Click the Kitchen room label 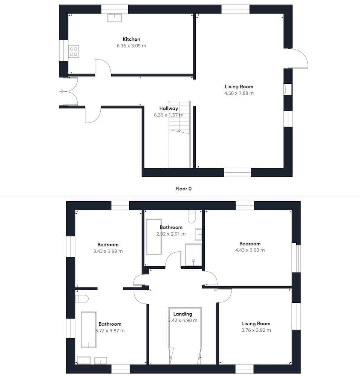pos(131,39)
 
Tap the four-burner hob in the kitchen pos(74,52)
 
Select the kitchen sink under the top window pos(115,18)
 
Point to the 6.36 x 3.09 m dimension pos(131,46)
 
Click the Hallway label pos(169,109)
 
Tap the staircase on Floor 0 pos(179,134)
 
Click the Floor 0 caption pos(184,189)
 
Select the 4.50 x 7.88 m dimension pos(239,93)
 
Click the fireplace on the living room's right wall pos(288,89)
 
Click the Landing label pos(183,314)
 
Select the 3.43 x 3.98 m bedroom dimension pos(108,251)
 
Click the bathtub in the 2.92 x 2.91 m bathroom pos(154,237)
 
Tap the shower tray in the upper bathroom pos(193,254)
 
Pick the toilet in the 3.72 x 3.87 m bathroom pos(82,299)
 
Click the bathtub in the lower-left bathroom pos(89,329)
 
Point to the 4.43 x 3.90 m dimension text pos(250,250)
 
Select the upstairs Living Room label pos(256,323)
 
